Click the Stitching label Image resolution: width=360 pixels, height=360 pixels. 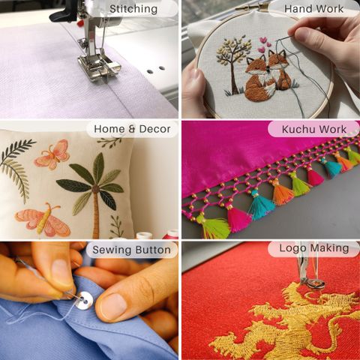[x=133, y=9]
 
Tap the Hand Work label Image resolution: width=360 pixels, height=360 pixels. [x=313, y=9]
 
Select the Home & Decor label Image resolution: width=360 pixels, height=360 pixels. [x=132, y=129]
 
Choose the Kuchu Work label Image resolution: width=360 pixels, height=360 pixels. [x=314, y=129]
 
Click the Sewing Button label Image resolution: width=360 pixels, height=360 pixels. [x=132, y=250]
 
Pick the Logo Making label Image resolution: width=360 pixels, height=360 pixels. [x=314, y=248]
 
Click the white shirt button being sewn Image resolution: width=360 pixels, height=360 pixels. [x=84, y=301]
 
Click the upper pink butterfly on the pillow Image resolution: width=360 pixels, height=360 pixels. [x=52, y=154]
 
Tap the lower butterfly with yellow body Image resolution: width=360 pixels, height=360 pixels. [x=43, y=220]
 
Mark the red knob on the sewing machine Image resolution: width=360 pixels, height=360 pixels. [x=80, y=23]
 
